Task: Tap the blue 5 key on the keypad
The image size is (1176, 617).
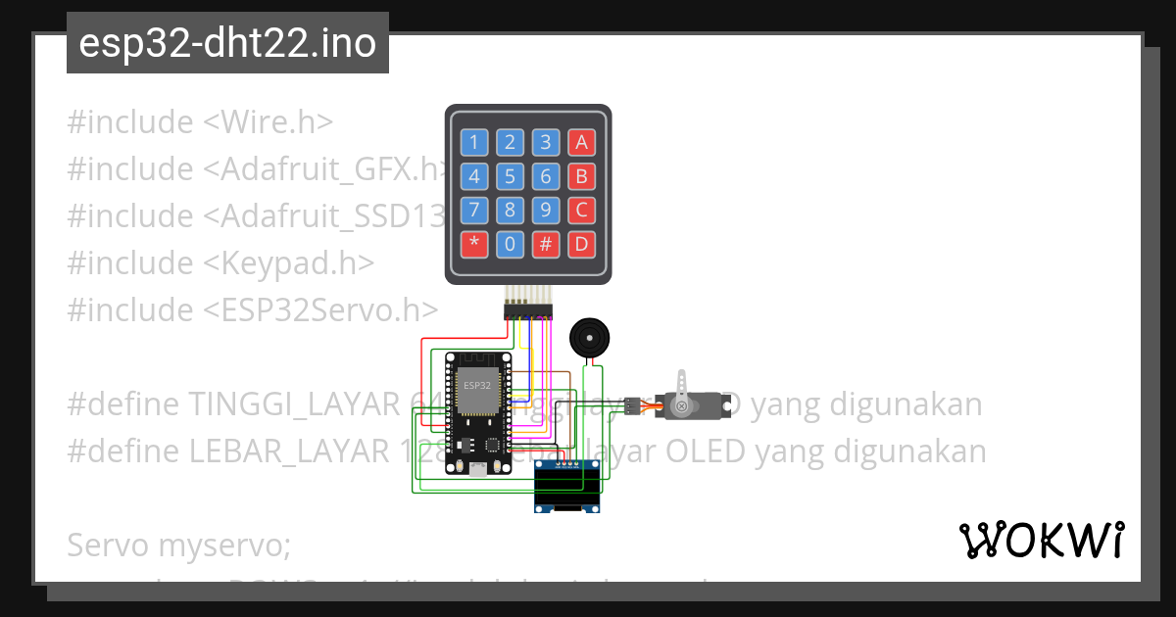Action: click(510, 176)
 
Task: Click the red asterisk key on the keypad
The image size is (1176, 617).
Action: click(474, 243)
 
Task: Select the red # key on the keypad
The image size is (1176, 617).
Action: click(546, 243)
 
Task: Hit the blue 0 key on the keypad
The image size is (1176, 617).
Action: click(510, 243)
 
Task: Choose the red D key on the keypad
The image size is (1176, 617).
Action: click(582, 243)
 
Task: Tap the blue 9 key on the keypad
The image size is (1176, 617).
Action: click(546, 210)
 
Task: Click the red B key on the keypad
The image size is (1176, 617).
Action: click(582, 176)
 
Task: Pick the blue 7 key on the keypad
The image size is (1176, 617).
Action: click(474, 210)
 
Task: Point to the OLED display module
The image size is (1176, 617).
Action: click(567, 487)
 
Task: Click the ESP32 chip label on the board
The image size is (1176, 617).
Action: click(477, 385)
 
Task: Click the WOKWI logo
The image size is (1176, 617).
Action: click(1041, 540)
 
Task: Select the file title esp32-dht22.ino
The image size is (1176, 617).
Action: click(227, 43)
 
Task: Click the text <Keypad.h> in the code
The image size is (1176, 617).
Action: click(289, 263)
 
